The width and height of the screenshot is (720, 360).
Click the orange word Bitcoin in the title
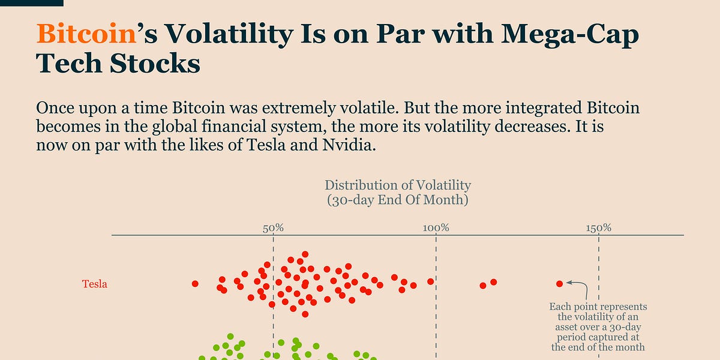(x=85, y=35)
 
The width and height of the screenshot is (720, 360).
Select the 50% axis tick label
(x=273, y=228)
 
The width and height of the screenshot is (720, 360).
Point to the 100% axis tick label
(x=436, y=228)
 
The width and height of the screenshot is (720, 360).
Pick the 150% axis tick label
(x=599, y=228)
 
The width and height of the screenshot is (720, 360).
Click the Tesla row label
(x=95, y=284)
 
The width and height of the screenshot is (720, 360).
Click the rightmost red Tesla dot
(x=560, y=283)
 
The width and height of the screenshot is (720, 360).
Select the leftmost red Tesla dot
(x=195, y=283)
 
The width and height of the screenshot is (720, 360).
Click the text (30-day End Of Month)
(x=398, y=200)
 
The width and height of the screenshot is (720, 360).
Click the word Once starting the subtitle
(x=55, y=109)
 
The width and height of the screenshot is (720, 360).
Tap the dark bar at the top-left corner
(x=31, y=3)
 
